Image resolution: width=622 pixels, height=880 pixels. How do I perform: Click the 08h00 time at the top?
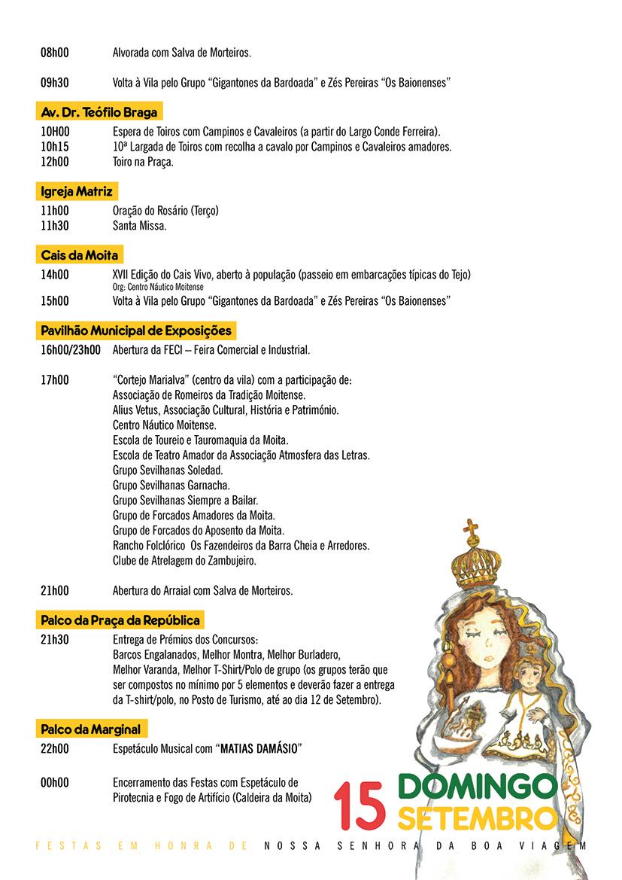coord(54,53)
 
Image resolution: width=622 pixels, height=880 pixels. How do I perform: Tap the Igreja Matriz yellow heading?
coord(77,192)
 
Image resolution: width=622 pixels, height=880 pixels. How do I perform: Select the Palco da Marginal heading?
coord(90,729)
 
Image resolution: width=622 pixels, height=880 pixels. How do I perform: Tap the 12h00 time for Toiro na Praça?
coord(54,162)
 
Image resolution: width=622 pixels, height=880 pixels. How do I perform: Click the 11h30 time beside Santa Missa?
coord(54,225)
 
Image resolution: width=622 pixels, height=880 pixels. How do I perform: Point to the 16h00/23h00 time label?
coord(70,350)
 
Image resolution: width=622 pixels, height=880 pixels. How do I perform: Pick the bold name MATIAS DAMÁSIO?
coord(258,749)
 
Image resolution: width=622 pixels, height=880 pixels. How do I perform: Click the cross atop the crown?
coord(471,529)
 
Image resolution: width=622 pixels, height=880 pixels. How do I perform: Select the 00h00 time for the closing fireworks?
coord(54,783)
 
